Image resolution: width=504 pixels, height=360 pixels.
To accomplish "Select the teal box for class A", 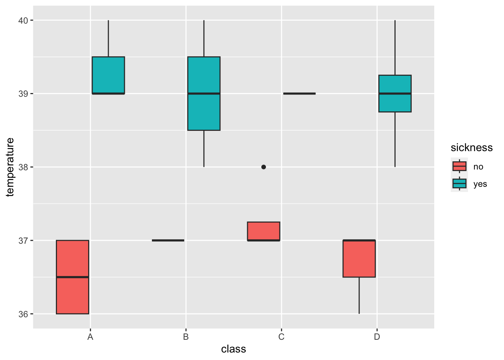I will coord(108,75).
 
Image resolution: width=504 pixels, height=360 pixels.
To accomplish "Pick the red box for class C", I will coord(263,231).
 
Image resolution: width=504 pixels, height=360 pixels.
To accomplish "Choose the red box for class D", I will coord(359,258).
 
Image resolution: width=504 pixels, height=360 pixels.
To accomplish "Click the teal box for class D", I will coord(395,93).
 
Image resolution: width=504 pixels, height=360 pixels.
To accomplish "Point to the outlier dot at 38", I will coord(264,167).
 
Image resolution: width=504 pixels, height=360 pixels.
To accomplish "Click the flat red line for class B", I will coord(168,240).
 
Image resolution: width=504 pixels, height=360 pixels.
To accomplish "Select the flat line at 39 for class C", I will coord(299,93).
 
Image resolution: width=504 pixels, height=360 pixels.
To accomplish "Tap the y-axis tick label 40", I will coord(24,20).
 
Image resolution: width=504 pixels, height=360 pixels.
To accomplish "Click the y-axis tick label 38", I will coord(24,167).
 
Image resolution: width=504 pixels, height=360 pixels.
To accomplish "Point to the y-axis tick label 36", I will coord(24,314).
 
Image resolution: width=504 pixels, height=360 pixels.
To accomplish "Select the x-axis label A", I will coord(90,337).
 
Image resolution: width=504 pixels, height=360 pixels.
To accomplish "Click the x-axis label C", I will coord(281,337).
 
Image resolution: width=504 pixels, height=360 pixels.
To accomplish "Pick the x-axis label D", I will coord(377,337).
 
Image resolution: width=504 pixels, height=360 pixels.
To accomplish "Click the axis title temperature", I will coord(10,167).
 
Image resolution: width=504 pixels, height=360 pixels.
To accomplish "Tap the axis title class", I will coord(233,349).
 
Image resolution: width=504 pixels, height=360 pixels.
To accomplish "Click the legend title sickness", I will coord(471,148).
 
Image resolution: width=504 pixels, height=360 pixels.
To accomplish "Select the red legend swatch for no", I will coord(459,166).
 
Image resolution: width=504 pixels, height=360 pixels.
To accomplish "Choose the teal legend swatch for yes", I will coord(459,183).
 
